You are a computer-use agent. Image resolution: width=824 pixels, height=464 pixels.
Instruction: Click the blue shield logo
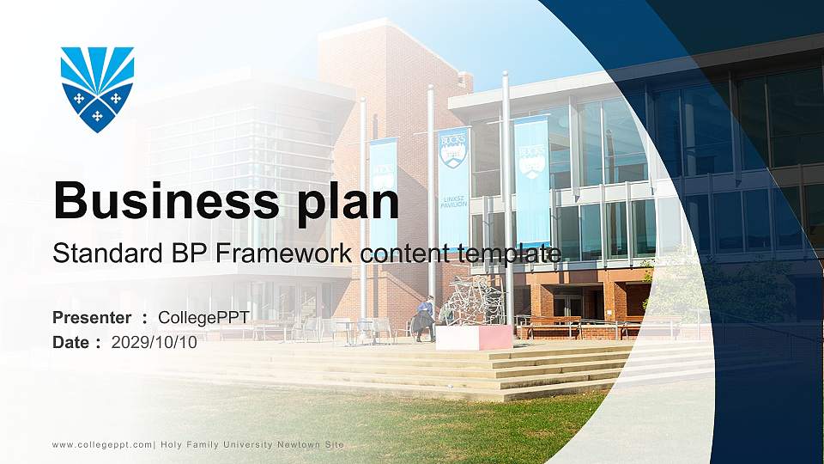[97, 89]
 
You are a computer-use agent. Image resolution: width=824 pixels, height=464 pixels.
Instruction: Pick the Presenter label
[92, 318]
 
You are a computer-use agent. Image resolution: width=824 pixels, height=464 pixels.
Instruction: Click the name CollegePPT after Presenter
[203, 318]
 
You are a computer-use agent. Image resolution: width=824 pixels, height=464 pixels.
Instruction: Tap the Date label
[71, 342]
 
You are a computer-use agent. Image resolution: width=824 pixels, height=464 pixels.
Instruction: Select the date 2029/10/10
[154, 342]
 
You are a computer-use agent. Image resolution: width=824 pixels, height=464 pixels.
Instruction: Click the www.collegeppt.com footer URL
[102, 444]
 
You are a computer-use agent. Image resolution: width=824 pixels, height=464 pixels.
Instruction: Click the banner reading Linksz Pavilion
[453, 189]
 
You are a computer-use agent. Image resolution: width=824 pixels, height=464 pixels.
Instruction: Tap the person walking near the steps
[425, 319]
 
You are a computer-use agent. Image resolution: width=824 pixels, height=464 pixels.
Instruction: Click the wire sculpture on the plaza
[476, 301]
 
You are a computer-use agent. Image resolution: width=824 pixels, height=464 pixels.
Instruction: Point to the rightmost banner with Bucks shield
[532, 180]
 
